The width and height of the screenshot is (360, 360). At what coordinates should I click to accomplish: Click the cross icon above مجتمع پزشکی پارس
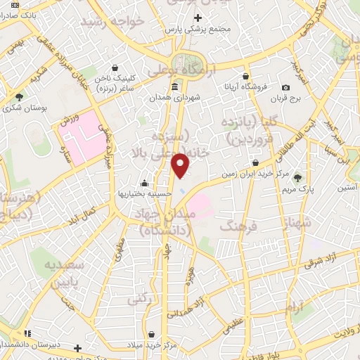tap(198, 16)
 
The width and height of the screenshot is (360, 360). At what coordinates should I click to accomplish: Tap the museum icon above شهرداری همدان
tap(174, 87)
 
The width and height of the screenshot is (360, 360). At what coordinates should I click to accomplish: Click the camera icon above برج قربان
tap(285, 87)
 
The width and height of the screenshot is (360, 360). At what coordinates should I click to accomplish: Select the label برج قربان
tap(285, 98)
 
